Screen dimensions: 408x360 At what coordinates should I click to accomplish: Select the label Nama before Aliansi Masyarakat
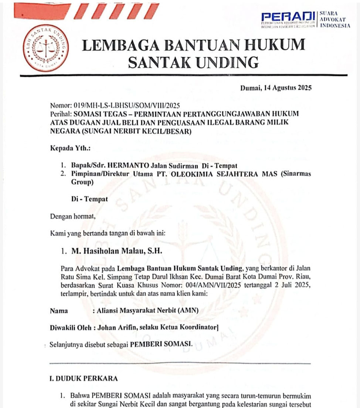(59, 311)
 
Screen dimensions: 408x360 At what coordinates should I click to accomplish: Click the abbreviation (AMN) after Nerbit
(188, 311)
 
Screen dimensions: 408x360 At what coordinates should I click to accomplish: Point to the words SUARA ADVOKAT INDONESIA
(334, 19)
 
